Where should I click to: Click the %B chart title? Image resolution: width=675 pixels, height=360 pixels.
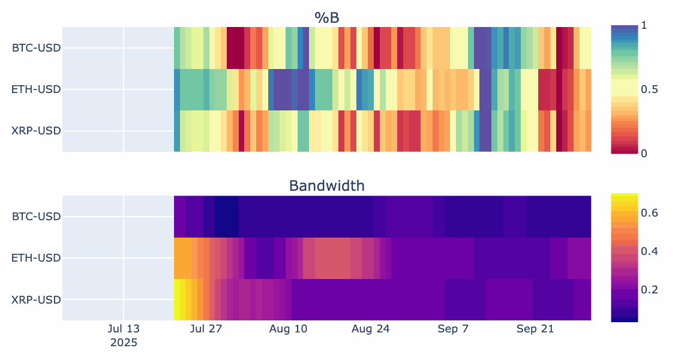tap(326, 18)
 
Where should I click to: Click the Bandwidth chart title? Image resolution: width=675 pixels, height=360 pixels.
tap(326, 186)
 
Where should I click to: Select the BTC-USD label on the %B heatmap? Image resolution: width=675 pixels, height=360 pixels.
tap(36, 47)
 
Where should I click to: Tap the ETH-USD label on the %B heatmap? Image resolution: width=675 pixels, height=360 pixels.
tap(36, 89)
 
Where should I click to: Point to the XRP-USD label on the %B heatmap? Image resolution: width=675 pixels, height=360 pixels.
tap(36, 131)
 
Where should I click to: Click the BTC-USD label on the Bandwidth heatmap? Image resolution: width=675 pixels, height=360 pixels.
tap(36, 216)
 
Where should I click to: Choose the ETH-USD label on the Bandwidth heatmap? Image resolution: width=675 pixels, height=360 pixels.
tap(36, 258)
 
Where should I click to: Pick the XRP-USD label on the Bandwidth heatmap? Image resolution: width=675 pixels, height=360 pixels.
tap(36, 299)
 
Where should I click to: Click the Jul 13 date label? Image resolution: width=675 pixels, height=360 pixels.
tap(124, 329)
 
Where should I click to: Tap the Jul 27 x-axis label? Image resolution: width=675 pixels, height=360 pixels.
tap(206, 329)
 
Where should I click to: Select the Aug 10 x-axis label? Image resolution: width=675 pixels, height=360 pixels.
tap(288, 329)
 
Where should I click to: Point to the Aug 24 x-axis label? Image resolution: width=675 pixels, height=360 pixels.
tap(370, 329)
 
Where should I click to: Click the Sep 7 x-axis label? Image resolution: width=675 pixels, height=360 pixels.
tap(453, 329)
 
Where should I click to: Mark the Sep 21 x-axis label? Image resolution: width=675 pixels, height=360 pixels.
tap(535, 329)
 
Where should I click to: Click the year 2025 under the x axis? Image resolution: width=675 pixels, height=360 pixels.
tap(124, 343)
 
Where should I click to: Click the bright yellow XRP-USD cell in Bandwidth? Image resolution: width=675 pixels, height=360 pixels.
tap(177, 299)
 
